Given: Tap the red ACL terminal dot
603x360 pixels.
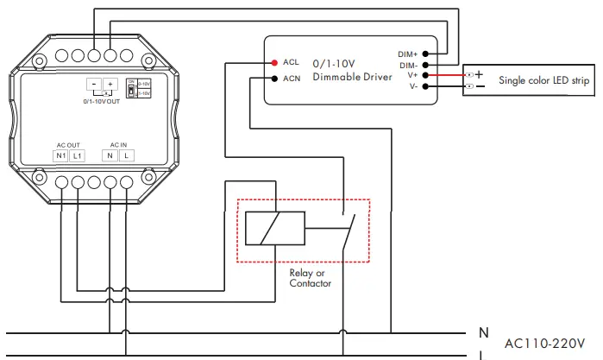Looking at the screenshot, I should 273,62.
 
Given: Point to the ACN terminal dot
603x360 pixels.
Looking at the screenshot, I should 273,79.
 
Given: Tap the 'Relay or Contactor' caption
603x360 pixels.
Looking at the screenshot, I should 310,278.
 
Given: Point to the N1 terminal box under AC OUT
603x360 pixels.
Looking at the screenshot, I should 61,155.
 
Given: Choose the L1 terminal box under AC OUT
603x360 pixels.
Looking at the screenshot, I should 78,155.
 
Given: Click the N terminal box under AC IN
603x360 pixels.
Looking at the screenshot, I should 110,155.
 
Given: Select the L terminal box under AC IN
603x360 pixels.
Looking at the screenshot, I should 126,155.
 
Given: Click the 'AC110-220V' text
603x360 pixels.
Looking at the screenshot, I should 543,342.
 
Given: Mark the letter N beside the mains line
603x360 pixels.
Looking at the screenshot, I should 484,332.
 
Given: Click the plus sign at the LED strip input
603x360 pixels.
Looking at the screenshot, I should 479,74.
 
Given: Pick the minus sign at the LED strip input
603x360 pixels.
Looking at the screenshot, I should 480,86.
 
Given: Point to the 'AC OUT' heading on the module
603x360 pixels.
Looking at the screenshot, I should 68,143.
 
